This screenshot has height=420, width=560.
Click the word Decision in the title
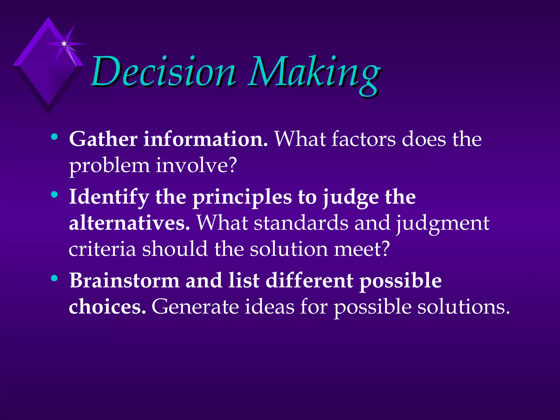(x=164, y=72)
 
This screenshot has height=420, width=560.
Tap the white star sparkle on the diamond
(x=64, y=44)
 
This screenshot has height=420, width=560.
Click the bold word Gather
(x=103, y=139)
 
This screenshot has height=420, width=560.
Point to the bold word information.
(x=205, y=139)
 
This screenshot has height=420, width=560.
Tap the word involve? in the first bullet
(x=196, y=165)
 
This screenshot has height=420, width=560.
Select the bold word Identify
(x=109, y=197)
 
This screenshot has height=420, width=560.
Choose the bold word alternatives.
(x=129, y=223)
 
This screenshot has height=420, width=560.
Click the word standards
(x=301, y=223)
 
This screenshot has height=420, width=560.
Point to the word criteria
(x=102, y=249)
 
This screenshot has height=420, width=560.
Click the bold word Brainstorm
(x=124, y=281)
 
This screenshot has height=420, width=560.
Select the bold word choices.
(x=107, y=307)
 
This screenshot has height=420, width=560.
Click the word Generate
(x=195, y=307)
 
